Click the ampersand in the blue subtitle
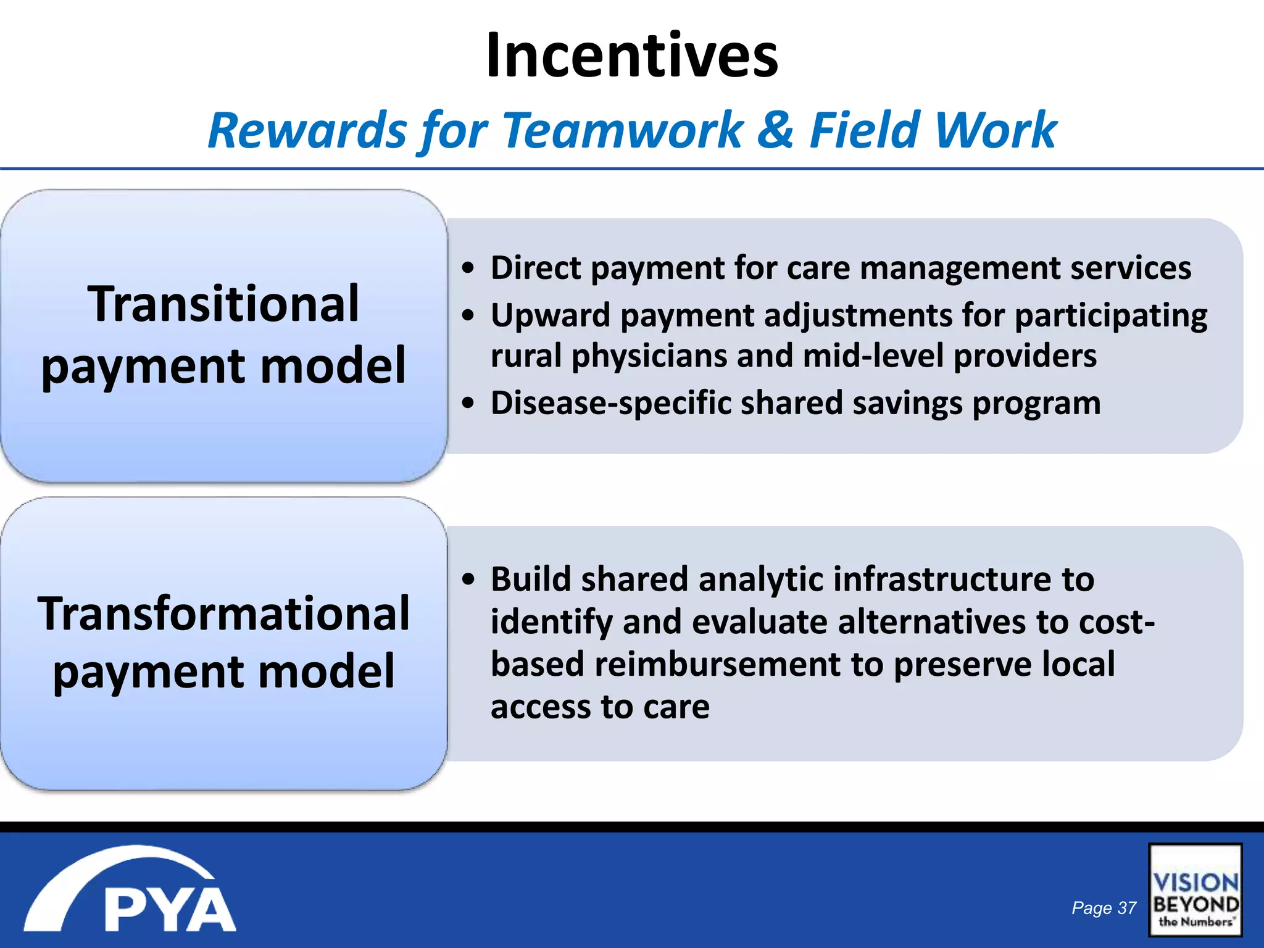775,130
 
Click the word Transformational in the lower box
223,613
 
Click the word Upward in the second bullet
550,315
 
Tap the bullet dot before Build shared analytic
469,580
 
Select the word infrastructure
941,580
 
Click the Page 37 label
1104,908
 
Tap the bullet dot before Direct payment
469,268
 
